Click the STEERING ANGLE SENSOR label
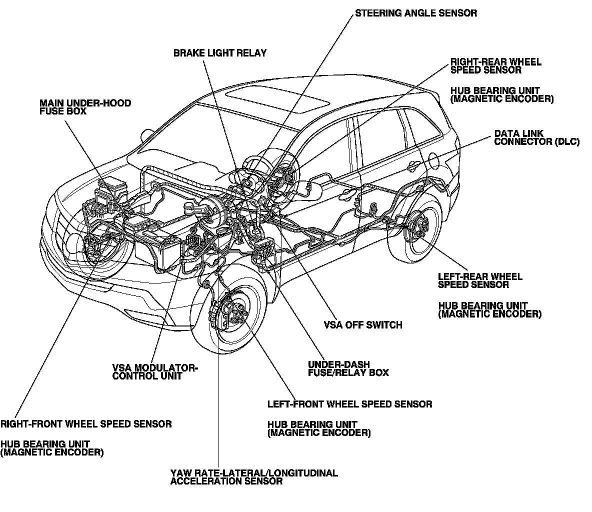click(x=415, y=13)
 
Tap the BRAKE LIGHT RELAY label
click(x=220, y=52)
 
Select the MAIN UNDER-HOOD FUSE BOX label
click(x=85, y=107)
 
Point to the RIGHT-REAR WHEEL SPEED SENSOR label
click(x=495, y=66)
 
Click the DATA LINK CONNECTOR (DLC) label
click(x=536, y=138)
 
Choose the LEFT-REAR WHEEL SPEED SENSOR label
click(x=480, y=280)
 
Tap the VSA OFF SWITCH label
click(x=363, y=325)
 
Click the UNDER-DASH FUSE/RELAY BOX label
click(x=348, y=368)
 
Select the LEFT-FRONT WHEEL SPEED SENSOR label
click(x=349, y=404)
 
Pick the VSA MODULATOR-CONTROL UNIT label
click(x=155, y=372)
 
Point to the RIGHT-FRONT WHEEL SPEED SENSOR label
click(x=86, y=424)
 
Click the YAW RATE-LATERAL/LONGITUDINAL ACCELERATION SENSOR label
click(x=254, y=477)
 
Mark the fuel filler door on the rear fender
click(x=434, y=161)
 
